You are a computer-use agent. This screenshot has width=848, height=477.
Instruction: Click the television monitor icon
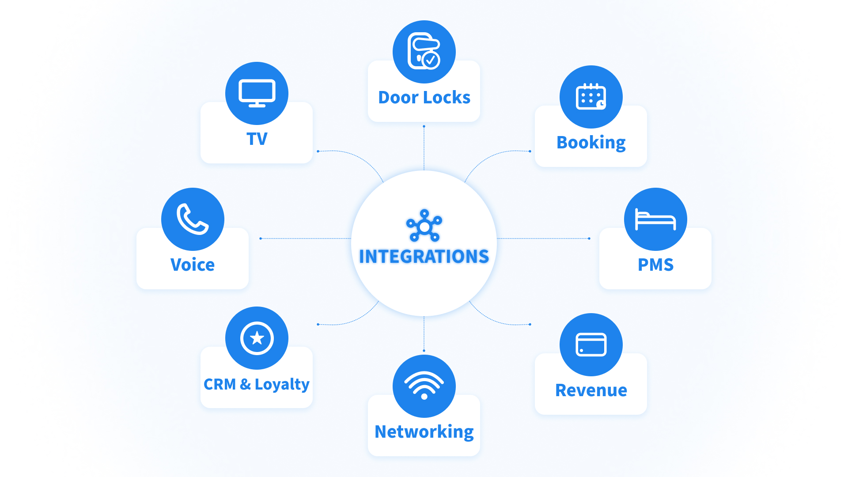pyautogui.click(x=257, y=93)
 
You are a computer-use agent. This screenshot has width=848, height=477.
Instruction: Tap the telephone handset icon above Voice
pyautogui.click(x=193, y=219)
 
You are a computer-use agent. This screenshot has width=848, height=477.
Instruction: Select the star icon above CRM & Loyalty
pyautogui.click(x=257, y=338)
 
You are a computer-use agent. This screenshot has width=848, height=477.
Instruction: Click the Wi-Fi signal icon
pyautogui.click(x=424, y=386)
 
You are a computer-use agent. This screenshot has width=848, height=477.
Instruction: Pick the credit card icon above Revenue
pyautogui.click(x=591, y=344)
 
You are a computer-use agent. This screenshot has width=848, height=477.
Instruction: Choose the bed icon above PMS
pyautogui.click(x=655, y=219)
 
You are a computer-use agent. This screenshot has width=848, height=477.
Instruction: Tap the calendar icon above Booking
pyautogui.click(x=591, y=97)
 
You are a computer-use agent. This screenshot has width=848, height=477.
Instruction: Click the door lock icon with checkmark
pyautogui.click(x=424, y=51)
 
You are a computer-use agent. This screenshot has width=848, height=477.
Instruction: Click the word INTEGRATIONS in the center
pyautogui.click(x=424, y=257)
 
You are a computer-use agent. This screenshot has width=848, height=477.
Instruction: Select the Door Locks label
pyautogui.click(x=424, y=98)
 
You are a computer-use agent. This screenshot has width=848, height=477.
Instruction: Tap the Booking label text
pyautogui.click(x=591, y=143)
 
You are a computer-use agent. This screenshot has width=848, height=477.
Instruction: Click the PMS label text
pyautogui.click(x=655, y=265)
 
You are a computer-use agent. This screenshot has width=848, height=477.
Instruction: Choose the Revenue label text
pyautogui.click(x=591, y=390)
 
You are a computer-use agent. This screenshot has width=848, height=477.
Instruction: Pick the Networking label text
pyautogui.click(x=424, y=432)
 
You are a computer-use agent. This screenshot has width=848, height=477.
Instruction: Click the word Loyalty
pyautogui.click(x=282, y=384)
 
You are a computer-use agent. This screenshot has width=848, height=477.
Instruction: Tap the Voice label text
pyautogui.click(x=193, y=265)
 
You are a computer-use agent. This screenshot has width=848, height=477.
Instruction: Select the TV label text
pyautogui.click(x=257, y=139)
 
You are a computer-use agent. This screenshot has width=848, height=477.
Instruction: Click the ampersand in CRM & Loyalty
pyautogui.click(x=245, y=384)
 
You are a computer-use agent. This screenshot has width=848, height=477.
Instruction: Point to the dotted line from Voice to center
pyautogui.click(x=305, y=238)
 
